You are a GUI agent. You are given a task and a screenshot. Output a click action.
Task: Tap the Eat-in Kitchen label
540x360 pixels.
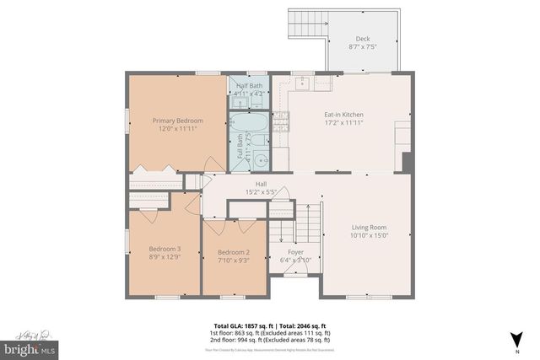pos(343,114)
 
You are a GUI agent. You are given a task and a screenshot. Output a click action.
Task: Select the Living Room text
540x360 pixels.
pos(369,227)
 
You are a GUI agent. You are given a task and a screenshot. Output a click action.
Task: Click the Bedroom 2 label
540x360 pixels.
pos(234,252)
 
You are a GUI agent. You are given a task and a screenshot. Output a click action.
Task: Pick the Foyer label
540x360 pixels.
pos(295,251)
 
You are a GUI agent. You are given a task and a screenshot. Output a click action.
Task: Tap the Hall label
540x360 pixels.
pos(262,184)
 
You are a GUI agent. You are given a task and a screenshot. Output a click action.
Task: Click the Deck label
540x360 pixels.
pos(362,39)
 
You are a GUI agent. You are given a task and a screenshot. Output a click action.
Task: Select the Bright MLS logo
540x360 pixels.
pos(29,347)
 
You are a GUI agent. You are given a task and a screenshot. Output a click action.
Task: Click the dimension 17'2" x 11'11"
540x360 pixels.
pos(343,122)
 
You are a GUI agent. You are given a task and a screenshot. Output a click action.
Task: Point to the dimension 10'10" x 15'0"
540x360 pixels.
pos(369,235)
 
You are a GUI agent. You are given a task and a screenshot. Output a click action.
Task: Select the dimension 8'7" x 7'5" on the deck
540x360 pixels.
pos(362,47)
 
